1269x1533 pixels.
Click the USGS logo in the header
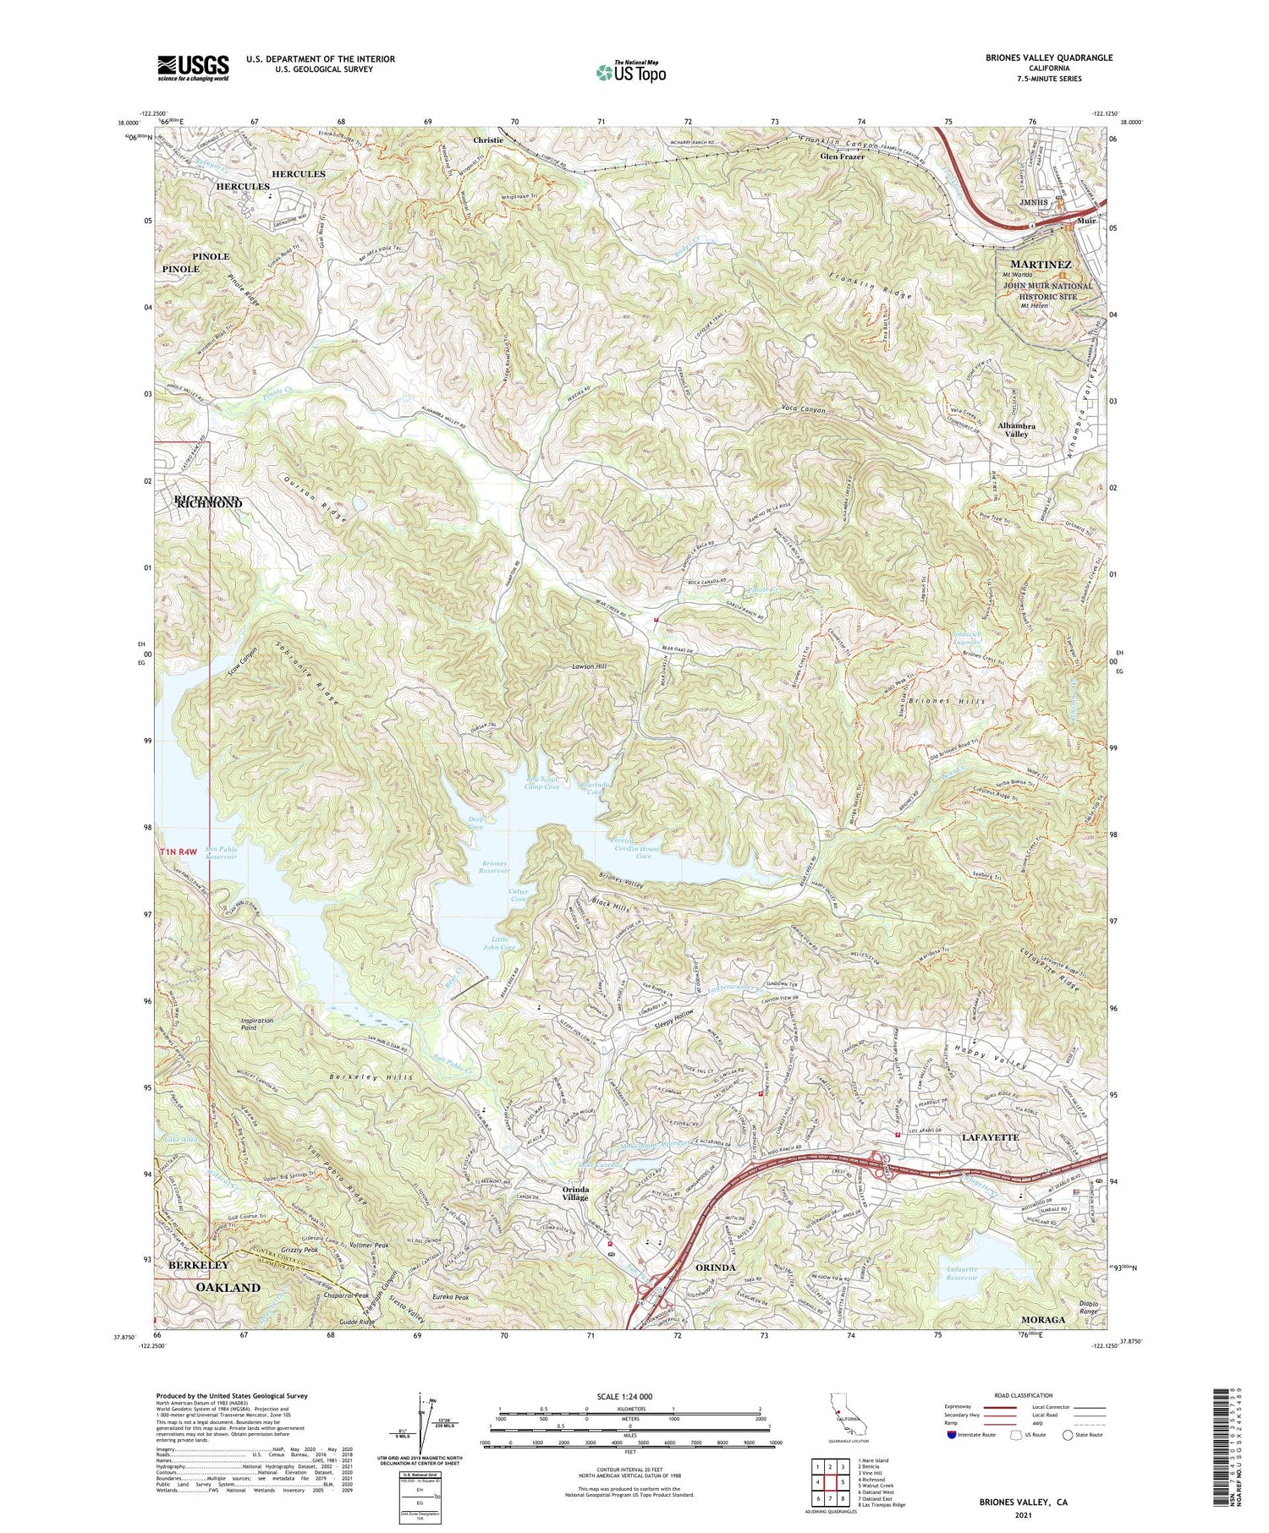click(193, 68)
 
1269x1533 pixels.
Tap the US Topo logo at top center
click(630, 73)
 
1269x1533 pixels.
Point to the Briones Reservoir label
click(490, 866)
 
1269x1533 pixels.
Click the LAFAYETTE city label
click(990, 1137)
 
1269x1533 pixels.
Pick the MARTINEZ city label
click(1040, 265)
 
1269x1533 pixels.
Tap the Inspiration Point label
click(257, 1024)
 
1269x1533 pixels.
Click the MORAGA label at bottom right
click(1042, 1319)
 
